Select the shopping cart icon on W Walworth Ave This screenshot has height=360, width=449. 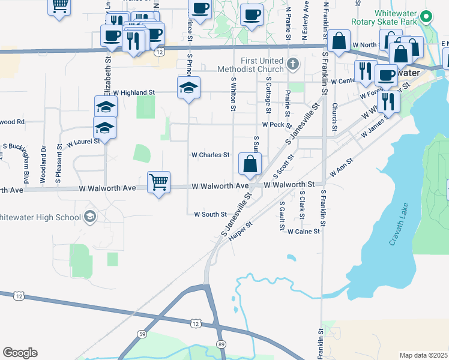pyautogui.click(x=159, y=182)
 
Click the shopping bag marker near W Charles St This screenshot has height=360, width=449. pyautogui.click(x=250, y=163)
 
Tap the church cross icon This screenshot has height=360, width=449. pyautogui.click(x=292, y=64)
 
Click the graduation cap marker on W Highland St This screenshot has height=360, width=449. pyautogui.click(x=189, y=88)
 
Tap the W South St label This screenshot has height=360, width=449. pyautogui.click(x=210, y=214)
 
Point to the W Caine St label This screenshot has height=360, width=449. pyautogui.click(x=304, y=231)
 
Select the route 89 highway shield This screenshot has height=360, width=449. pyautogui.click(x=221, y=343)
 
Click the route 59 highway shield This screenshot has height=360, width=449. pyautogui.click(x=142, y=333)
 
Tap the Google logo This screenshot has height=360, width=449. pyautogui.click(x=20, y=353)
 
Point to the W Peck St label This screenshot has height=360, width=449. pyautogui.click(x=276, y=124)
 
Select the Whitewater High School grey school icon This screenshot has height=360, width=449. pyautogui.click(x=90, y=217)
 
